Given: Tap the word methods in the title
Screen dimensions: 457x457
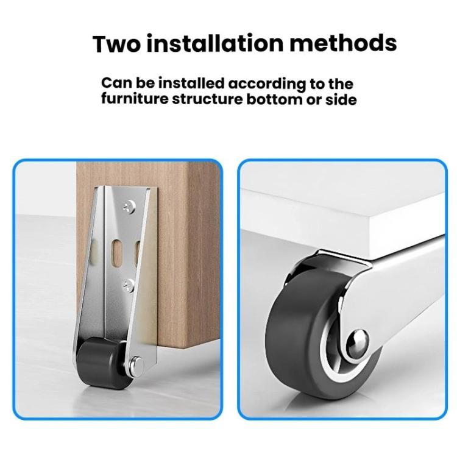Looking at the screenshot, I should [x=347, y=44].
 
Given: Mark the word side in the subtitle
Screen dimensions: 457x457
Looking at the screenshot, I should [x=341, y=99].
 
